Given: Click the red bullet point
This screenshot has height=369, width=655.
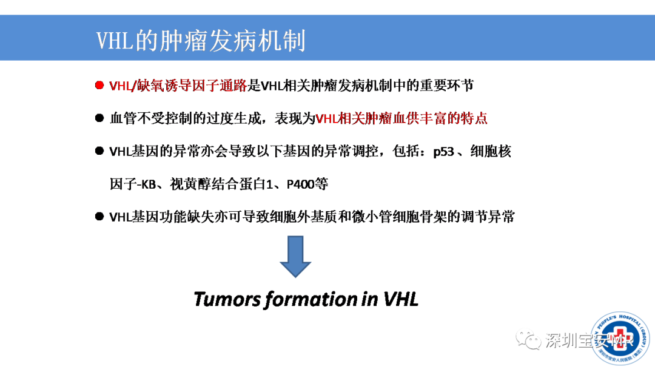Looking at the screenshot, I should pos(99,86).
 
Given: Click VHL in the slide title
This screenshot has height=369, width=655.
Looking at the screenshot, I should pos(116,41).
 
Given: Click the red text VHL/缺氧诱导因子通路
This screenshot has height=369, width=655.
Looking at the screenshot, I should pos(178,86).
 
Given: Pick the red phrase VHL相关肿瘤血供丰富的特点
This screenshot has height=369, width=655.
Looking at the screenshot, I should pos(401,119).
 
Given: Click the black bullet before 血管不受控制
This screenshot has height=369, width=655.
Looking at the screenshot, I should pos(99,119).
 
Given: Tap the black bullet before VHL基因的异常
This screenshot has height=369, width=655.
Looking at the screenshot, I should pos(99,152).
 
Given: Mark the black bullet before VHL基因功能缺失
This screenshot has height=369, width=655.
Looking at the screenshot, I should pos(99,217).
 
